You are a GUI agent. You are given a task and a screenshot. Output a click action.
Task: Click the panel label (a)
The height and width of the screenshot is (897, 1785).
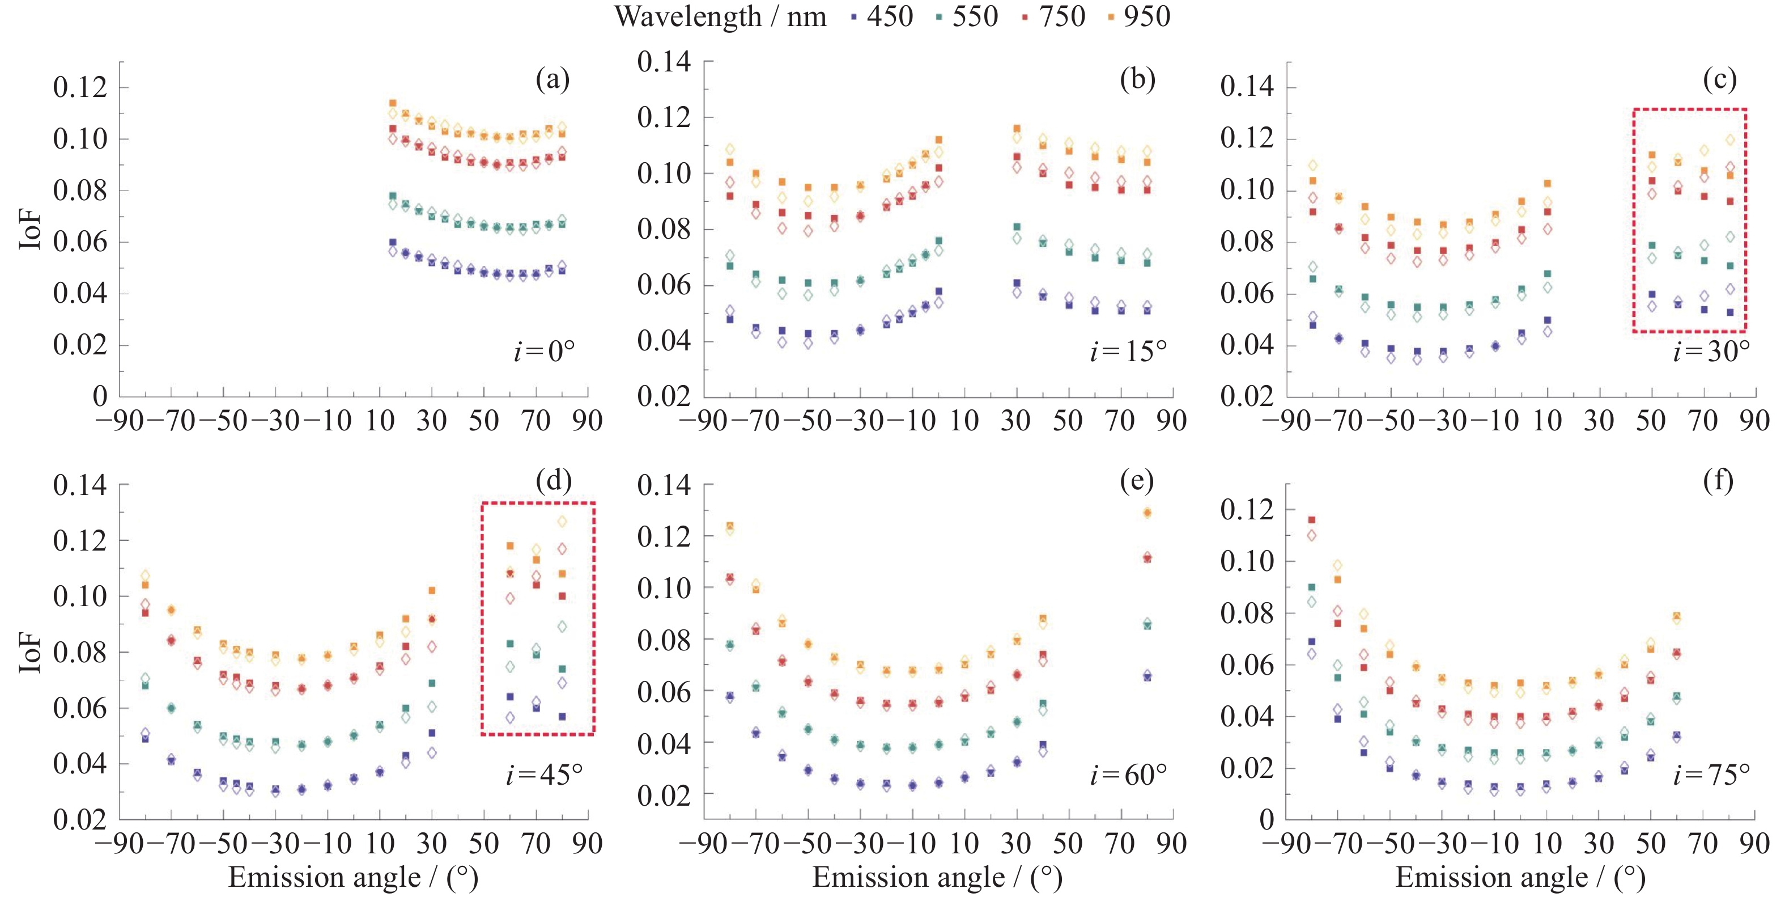(x=552, y=80)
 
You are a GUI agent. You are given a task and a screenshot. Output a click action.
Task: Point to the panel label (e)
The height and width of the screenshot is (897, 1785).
(x=1136, y=480)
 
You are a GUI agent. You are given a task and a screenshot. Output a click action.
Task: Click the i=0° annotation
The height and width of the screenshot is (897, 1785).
(x=544, y=352)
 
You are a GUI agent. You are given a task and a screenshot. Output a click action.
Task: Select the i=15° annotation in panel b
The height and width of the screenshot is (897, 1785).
(x=1128, y=352)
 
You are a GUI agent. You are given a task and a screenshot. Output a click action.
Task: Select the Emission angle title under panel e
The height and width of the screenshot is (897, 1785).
(x=937, y=878)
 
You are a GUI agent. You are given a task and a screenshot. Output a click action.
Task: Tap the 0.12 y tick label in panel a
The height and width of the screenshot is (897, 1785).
(x=80, y=87)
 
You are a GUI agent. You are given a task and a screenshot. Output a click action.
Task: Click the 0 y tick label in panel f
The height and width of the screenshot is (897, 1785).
(x=1266, y=820)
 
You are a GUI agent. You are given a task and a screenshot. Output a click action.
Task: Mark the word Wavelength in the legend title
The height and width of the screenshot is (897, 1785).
(x=687, y=16)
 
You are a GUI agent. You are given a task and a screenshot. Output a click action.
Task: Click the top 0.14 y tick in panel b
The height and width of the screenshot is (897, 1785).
(x=664, y=62)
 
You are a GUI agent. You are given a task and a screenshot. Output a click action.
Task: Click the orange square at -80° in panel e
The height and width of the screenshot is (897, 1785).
(x=730, y=526)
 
